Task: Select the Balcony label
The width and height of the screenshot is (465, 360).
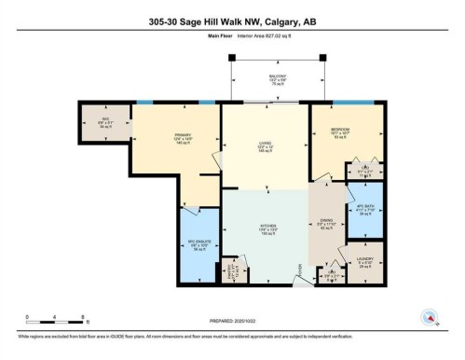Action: [x=278, y=79]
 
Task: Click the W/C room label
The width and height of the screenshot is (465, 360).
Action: [x=104, y=122]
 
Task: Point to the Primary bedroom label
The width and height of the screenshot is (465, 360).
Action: [x=182, y=139]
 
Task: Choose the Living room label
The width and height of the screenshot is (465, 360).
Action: [x=265, y=146]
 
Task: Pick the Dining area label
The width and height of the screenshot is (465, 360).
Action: [x=326, y=224]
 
